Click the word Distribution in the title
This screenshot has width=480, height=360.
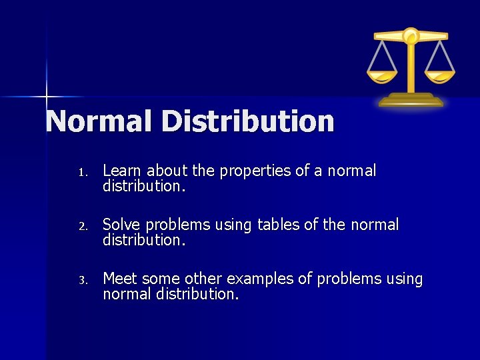(x=247, y=121)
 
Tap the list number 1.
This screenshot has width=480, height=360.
(x=81, y=173)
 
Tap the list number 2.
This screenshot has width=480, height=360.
(x=81, y=227)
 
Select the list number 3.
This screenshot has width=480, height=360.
(x=81, y=281)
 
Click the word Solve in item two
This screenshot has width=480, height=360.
(x=122, y=225)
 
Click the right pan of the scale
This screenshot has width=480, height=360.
(x=440, y=75)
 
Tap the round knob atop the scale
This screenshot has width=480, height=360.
(x=411, y=34)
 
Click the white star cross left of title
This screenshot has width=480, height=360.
(x=47, y=97)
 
